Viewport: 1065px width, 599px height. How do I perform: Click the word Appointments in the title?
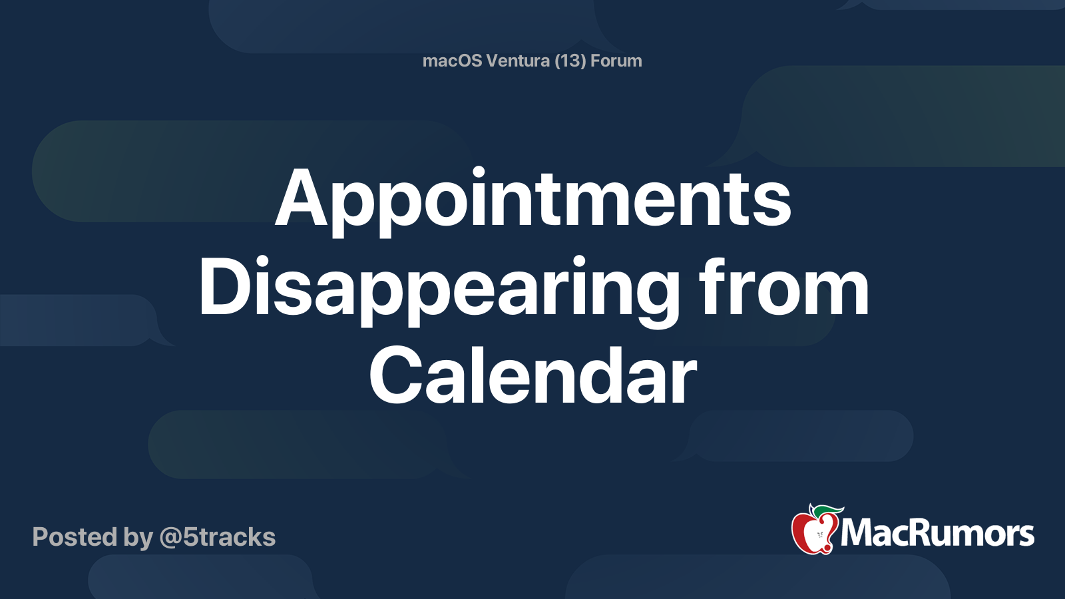click(x=533, y=202)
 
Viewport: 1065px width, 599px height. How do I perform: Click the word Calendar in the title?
click(x=533, y=375)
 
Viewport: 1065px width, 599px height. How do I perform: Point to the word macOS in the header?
click(x=452, y=61)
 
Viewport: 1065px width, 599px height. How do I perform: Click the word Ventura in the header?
click(x=518, y=61)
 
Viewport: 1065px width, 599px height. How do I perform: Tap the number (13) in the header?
click(x=570, y=61)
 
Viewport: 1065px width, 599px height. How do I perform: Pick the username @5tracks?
click(x=217, y=537)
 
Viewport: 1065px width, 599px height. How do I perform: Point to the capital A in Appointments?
click(x=302, y=198)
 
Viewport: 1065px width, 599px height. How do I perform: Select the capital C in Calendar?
click(x=395, y=375)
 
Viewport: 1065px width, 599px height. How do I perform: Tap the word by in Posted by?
click(x=138, y=538)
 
